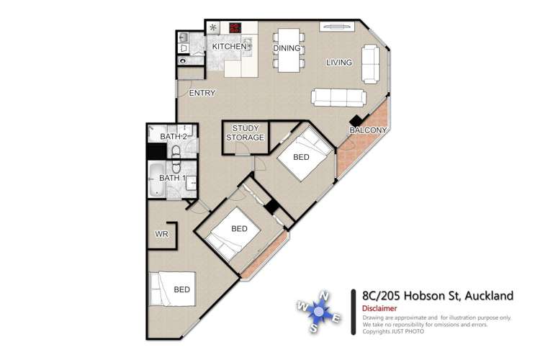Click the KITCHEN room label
(229, 47)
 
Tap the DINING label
(286, 48)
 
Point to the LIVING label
(339, 63)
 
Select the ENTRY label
(202, 94)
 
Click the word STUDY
(245, 128)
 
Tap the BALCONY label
(368, 130)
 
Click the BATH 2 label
(174, 136)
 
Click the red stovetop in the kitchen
(235, 28)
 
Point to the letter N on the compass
(325, 295)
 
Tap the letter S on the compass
(314, 328)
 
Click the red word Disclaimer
(379, 310)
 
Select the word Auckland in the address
(489, 295)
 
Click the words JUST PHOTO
(408, 331)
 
